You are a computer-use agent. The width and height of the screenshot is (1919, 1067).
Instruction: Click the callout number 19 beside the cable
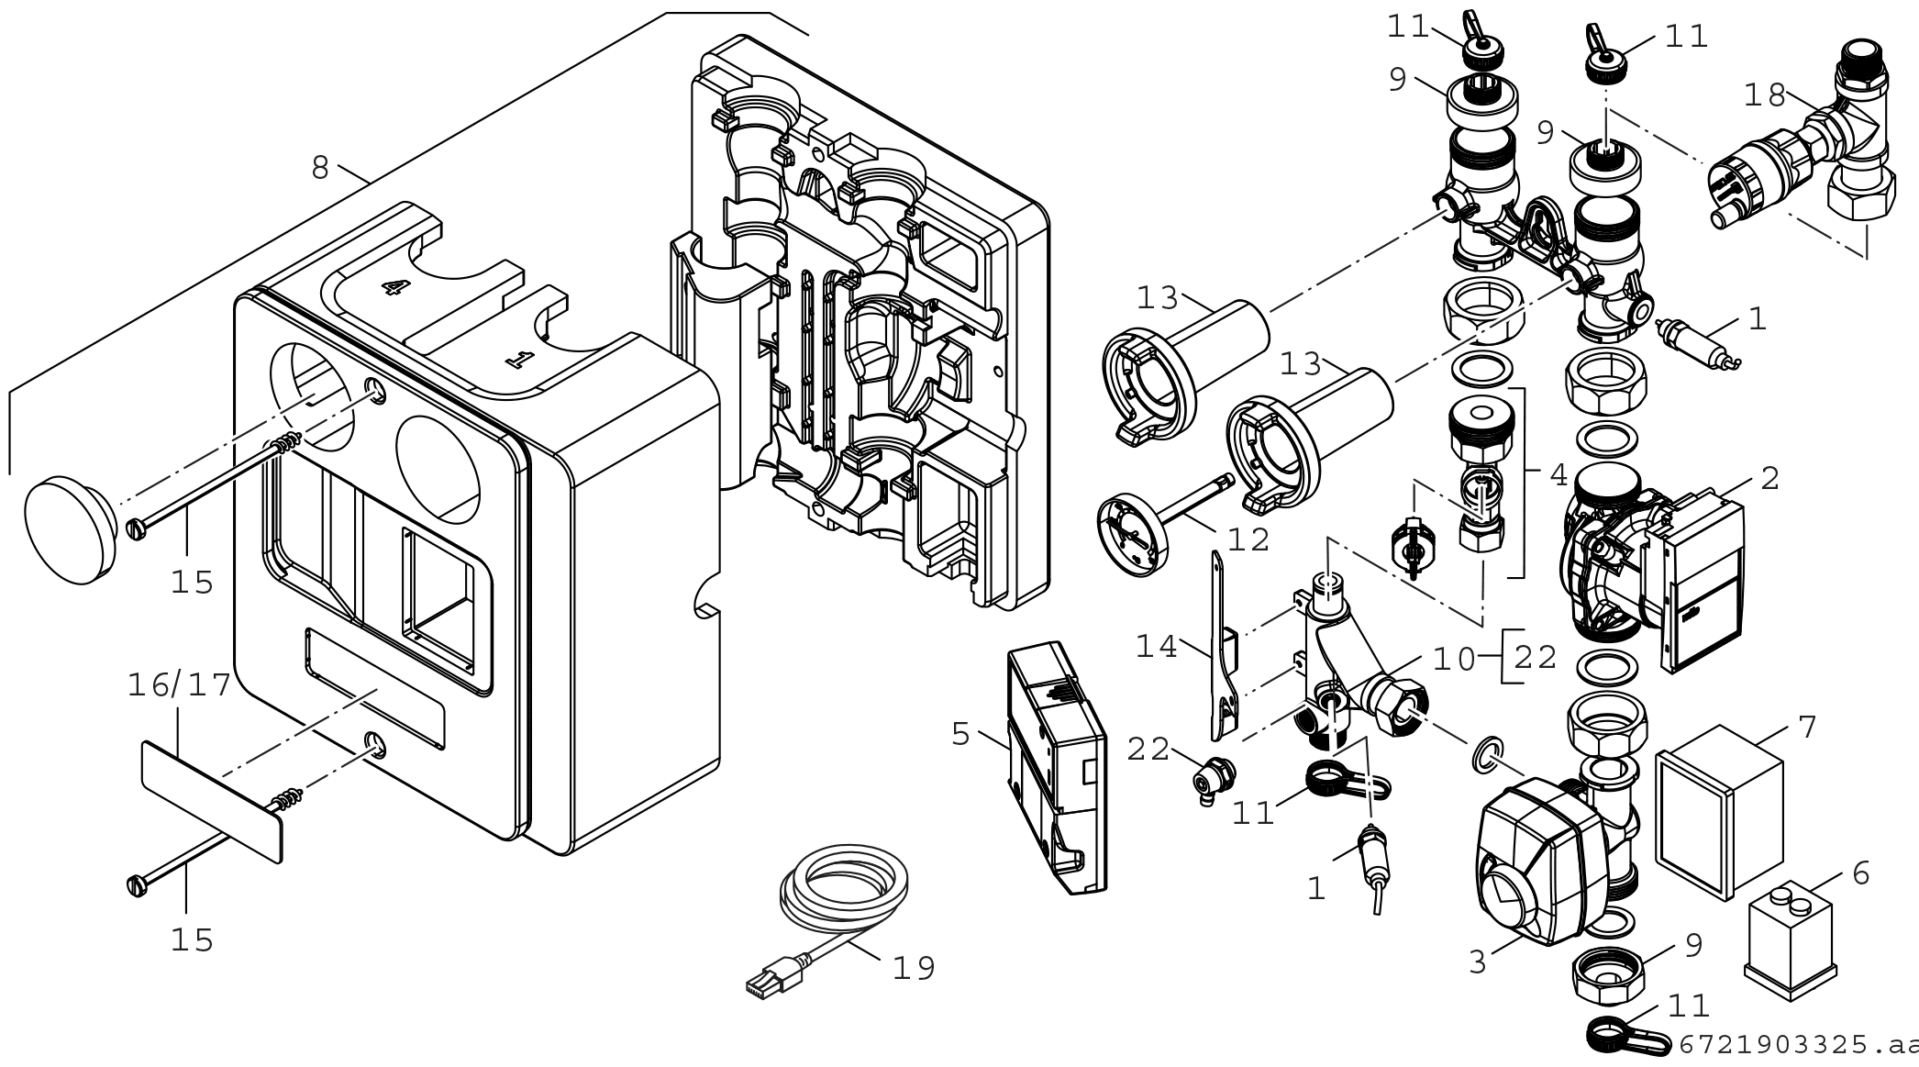[x=914, y=967]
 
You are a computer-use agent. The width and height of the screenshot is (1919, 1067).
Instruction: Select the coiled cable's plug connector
[x=775, y=975]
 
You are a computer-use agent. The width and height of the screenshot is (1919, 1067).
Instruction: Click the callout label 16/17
[x=179, y=685]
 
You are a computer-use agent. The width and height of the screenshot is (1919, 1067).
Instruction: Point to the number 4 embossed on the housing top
[x=393, y=287]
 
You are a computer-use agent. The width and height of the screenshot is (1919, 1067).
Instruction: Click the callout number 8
[x=319, y=168]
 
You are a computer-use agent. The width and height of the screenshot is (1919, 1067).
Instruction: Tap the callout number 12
[x=1248, y=539]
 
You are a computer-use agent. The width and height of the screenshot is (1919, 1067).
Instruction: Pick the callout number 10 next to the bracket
[x=1453, y=659]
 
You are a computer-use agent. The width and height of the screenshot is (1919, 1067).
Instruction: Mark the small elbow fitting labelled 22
[x=1215, y=779]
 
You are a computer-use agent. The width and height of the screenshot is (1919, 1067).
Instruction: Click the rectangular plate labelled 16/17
[x=211, y=801]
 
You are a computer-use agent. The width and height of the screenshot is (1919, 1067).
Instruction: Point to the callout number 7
[x=1806, y=728]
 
